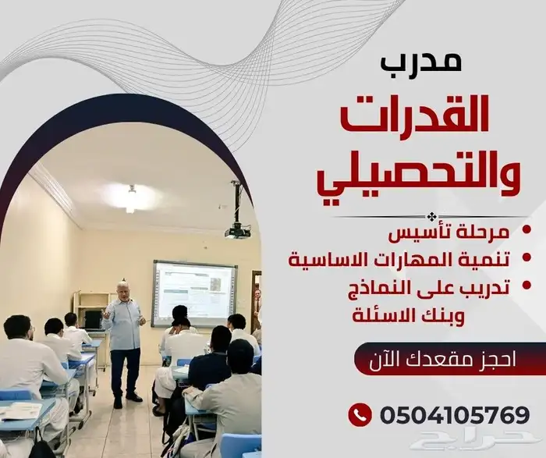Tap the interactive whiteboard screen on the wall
(194, 292)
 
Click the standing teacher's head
(122, 289)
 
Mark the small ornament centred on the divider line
(431, 216)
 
